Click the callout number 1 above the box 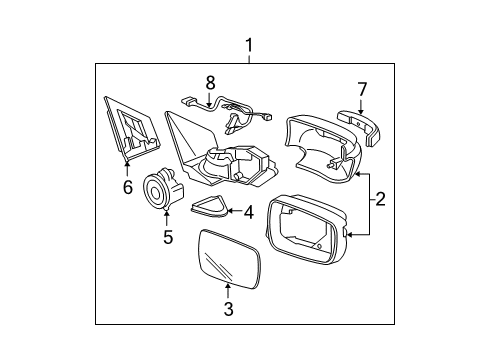tap(249, 46)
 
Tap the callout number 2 tap(380, 199)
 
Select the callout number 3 tap(228, 309)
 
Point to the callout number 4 tap(249, 212)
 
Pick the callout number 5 tap(168, 237)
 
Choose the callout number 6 tap(128, 187)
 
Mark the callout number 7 tap(362, 90)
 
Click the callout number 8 tap(210, 83)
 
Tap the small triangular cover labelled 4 tap(209, 207)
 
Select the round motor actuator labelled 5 tap(162, 190)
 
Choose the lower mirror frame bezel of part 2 tap(307, 230)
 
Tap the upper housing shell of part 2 tap(322, 148)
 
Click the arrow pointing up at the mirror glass tap(228, 290)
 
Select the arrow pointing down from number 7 tap(360, 107)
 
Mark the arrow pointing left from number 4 tap(235, 211)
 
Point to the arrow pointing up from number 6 tap(127, 169)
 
